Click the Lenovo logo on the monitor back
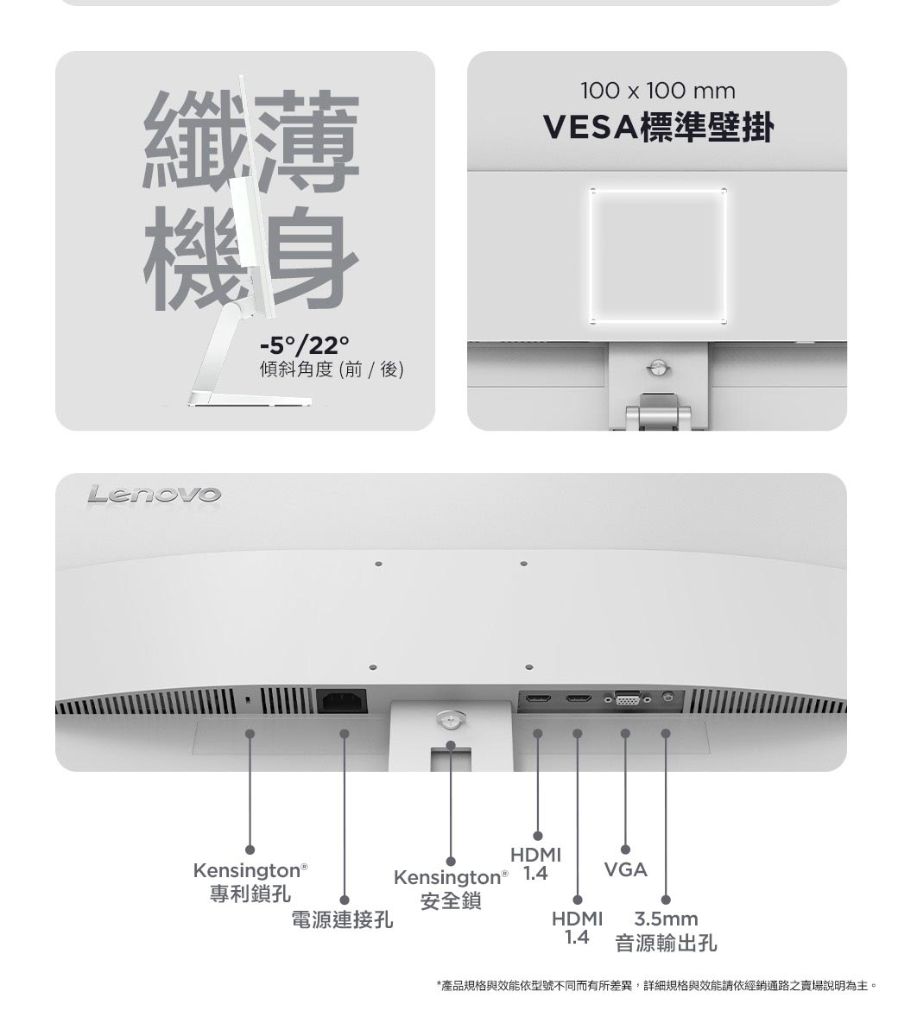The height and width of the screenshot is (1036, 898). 154,495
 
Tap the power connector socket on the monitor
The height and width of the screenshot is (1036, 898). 342,700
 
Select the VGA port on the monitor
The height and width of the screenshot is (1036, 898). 627,698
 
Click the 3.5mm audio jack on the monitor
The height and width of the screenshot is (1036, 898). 667,698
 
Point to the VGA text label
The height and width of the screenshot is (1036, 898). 626,870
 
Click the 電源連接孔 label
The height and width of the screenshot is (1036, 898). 343,919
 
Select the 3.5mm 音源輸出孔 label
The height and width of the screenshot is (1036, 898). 666,931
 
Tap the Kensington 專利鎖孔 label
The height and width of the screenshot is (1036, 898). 250,882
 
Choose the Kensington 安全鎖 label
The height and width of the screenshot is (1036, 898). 451,888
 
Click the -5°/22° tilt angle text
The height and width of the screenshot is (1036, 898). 304,344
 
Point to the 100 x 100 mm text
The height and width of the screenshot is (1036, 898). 658,92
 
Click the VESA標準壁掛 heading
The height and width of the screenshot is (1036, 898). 658,127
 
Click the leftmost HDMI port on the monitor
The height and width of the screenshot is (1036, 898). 537,698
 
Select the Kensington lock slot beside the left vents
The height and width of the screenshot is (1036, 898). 247,699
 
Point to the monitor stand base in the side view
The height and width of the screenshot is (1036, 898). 250,400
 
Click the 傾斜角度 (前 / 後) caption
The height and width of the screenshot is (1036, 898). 332,370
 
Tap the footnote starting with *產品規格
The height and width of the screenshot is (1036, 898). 657,985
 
